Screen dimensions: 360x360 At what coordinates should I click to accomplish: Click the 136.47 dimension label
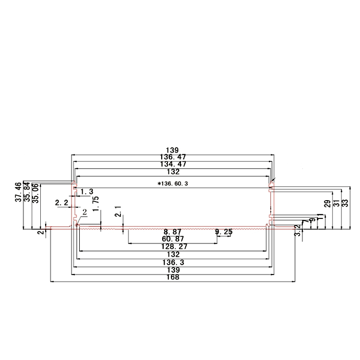coord(173,157)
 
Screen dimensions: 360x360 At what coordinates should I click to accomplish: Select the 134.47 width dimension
coord(173,164)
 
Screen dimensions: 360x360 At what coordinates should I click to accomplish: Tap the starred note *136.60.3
coord(173,183)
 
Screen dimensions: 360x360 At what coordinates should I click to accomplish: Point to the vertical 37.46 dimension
coord(19,192)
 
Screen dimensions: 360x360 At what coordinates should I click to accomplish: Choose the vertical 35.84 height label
coord(27,192)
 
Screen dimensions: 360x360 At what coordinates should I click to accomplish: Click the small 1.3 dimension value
coord(86,192)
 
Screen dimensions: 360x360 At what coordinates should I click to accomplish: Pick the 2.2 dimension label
coord(62,203)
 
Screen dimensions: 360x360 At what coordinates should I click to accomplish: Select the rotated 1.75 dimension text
coord(96,204)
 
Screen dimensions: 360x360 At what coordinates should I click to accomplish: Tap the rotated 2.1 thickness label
coord(118,211)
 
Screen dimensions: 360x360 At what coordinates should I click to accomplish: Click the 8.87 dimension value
coord(173,232)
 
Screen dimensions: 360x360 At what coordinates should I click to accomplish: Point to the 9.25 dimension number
coord(224,232)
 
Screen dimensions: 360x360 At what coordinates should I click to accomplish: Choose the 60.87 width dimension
coord(173,239)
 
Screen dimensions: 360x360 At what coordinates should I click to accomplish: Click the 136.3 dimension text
coord(173,263)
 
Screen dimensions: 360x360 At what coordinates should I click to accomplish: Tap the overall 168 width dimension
coord(173,278)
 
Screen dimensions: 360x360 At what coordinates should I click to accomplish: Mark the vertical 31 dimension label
coord(336,204)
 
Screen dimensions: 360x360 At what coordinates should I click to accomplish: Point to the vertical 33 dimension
coord(345,204)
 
